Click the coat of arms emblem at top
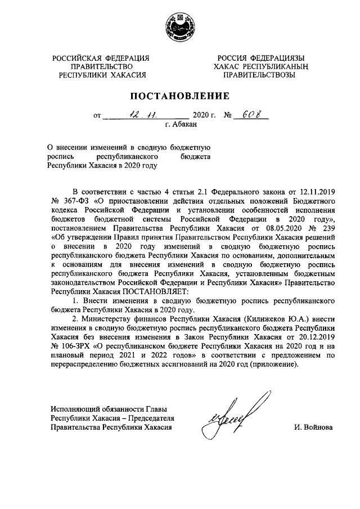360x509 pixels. click(x=179, y=28)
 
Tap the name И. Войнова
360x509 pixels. click(x=313, y=427)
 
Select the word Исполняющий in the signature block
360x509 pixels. click(x=74, y=409)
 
